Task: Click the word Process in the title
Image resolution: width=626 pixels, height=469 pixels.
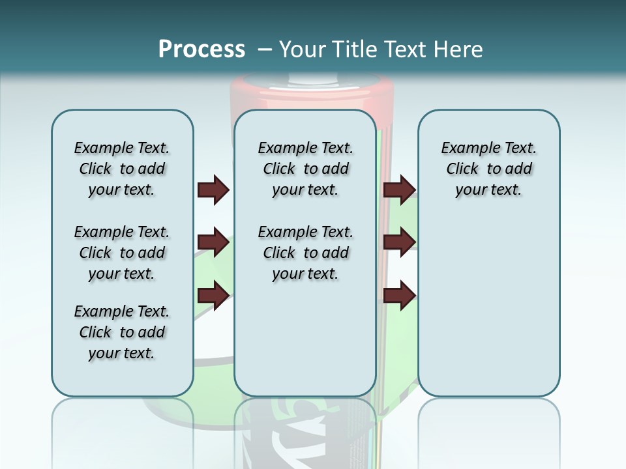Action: pyautogui.click(x=201, y=50)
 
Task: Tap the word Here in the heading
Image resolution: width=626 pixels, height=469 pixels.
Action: pyautogui.click(x=459, y=50)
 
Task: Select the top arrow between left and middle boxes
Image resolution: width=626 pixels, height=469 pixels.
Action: pyautogui.click(x=213, y=190)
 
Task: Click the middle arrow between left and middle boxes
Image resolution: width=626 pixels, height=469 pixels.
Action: pyautogui.click(x=213, y=243)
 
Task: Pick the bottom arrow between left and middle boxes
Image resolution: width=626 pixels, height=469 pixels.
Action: pyautogui.click(x=213, y=295)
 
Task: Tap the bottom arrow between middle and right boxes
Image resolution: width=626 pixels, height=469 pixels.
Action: pyautogui.click(x=399, y=295)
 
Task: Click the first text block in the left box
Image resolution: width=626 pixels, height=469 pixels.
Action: pyautogui.click(x=122, y=169)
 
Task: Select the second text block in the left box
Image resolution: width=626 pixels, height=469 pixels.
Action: pyautogui.click(x=122, y=253)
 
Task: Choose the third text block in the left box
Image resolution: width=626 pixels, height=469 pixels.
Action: pyautogui.click(x=122, y=332)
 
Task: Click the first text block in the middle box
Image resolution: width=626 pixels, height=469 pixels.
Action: pyautogui.click(x=306, y=169)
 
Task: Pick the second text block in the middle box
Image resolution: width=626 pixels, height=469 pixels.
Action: pyautogui.click(x=306, y=253)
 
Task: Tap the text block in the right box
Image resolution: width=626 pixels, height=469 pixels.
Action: pyautogui.click(x=489, y=169)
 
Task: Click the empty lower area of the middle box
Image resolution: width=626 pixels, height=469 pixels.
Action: pyautogui.click(x=306, y=339)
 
